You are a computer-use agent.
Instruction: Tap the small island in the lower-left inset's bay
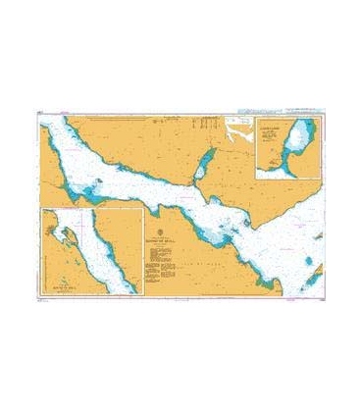[65, 233]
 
